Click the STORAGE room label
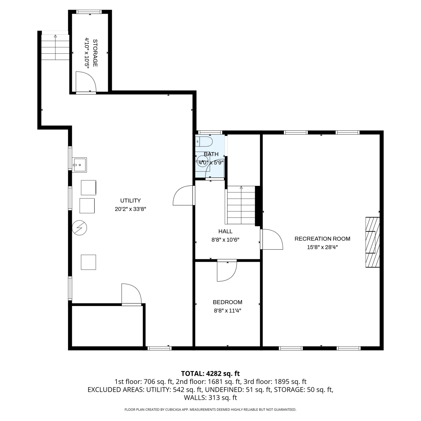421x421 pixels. tap(95, 53)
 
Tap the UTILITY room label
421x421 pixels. tap(131, 201)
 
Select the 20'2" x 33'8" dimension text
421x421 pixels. tap(131, 209)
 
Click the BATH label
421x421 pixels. tap(211, 154)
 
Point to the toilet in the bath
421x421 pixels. tap(204, 141)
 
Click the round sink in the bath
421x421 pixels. tap(202, 162)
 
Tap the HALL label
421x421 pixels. tap(225, 231)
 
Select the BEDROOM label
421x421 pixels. tap(227, 302)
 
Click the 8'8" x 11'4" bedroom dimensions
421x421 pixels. tap(227, 311)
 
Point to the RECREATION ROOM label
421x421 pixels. tap(322, 239)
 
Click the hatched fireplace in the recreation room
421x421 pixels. tap(372, 242)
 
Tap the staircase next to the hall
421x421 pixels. tap(241, 205)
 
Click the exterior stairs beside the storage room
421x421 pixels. tap(55, 47)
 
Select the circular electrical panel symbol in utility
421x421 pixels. tap(79, 228)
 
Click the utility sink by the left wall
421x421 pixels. tap(79, 165)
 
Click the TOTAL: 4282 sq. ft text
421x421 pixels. tap(210, 374)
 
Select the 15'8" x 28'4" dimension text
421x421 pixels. tap(322, 247)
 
